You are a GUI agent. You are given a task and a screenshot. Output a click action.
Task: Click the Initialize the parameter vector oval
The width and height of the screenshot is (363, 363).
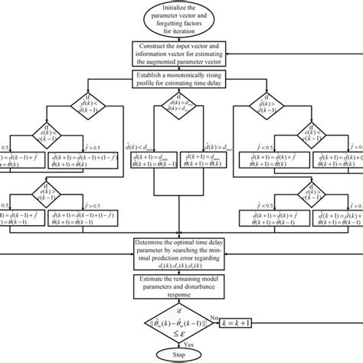[181, 17]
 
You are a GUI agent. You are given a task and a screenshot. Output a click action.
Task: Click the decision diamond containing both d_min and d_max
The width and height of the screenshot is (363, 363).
[181, 113]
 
